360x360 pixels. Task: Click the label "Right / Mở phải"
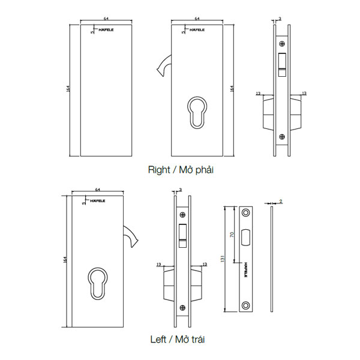181,170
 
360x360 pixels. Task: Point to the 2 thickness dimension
280,202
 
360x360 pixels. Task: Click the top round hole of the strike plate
246,214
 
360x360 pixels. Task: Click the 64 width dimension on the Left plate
97,190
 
